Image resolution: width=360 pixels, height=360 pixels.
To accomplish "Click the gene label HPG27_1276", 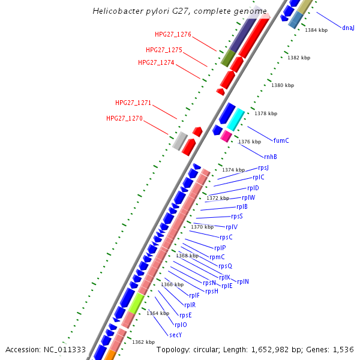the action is pyautogui.click(x=173, y=35).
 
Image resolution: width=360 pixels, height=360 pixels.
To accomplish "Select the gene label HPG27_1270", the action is pyautogui.click(x=124, y=119).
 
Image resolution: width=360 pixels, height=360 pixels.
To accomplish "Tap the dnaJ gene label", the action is pyautogui.click(x=348, y=28).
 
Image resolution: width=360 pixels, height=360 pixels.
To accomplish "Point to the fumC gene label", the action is pyautogui.click(x=281, y=141).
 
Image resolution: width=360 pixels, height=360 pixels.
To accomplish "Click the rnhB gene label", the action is pyautogui.click(x=271, y=157).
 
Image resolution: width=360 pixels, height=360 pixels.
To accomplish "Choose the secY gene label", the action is pyautogui.click(x=175, y=335).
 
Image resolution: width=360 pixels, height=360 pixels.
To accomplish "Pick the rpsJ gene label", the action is pyautogui.click(x=263, y=168).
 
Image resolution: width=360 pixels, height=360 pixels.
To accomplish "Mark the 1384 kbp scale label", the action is pyautogui.click(x=316, y=30).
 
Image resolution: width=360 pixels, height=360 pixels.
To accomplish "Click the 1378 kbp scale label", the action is pyautogui.click(x=266, y=113).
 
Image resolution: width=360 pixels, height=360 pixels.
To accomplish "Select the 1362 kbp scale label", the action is pyautogui.click(x=143, y=342).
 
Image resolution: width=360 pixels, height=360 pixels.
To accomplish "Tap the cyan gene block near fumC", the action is pyautogui.click(x=235, y=119).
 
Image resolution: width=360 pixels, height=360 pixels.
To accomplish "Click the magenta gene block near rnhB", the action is pyautogui.click(x=226, y=137).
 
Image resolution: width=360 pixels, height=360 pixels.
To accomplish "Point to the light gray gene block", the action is pyautogui.click(x=179, y=141).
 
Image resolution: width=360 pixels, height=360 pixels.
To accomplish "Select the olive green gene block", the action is pyautogui.click(x=227, y=58).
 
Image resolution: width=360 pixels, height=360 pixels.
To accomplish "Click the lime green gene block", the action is pyautogui.click(x=136, y=303).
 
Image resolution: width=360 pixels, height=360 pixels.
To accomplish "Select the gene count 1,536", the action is pyautogui.click(x=343, y=349).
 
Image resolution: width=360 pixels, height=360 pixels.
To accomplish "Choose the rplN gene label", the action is pyautogui.click(x=243, y=282).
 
